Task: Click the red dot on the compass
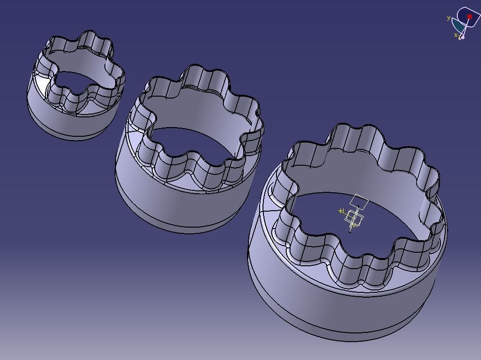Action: click(469, 17)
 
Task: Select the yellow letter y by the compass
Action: click(449, 18)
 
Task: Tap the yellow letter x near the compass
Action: click(455, 35)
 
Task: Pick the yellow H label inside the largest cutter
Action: click(341, 211)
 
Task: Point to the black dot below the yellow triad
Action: click(350, 231)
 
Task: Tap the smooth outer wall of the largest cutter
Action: click(314, 304)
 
